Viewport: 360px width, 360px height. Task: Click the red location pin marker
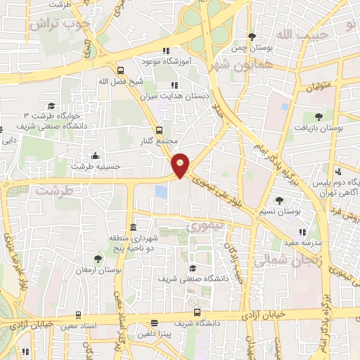[181, 165]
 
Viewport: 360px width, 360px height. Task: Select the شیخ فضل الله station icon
[120, 70]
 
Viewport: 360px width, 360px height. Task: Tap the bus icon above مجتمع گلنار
[159, 130]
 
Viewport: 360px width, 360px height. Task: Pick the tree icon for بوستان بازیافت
[319, 117]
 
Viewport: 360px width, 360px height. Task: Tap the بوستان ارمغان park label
[98, 270]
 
